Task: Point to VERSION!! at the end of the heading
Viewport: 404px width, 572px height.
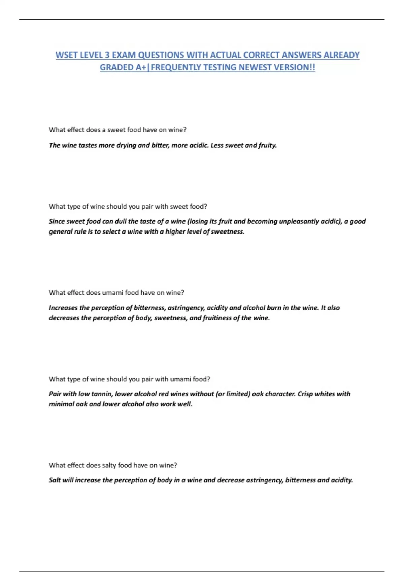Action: coord(295,67)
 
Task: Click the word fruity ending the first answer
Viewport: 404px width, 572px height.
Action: coord(267,145)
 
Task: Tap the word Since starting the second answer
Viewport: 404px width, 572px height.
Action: coord(57,221)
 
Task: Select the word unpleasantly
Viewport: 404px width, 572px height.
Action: coord(292,221)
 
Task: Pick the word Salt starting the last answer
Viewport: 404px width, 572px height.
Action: coord(55,480)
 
